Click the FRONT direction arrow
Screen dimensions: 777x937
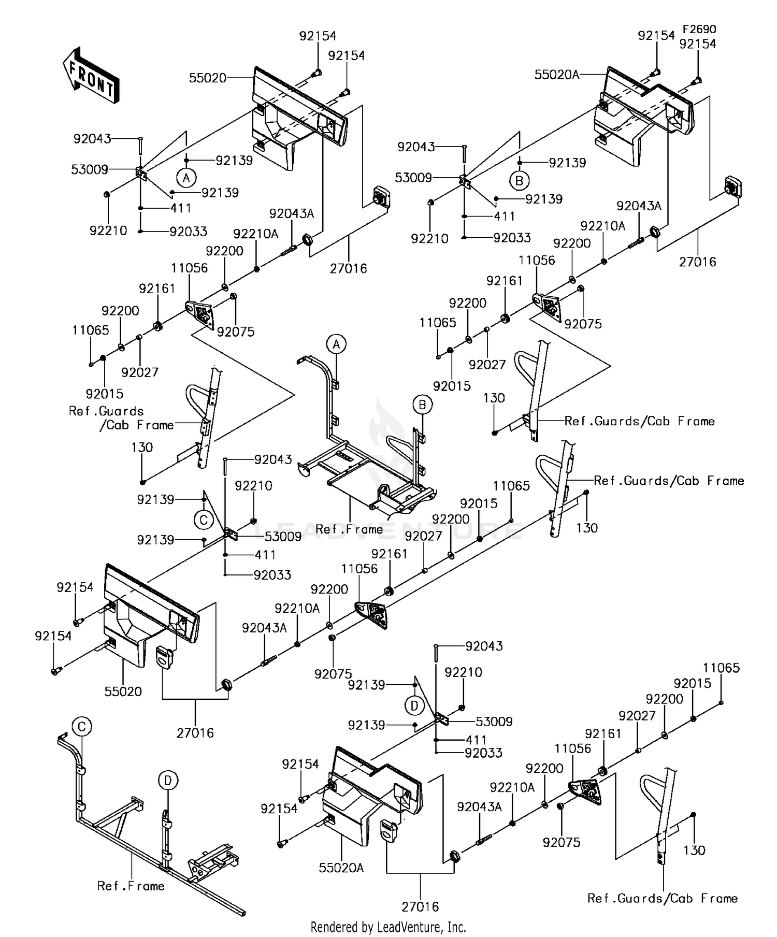(91, 76)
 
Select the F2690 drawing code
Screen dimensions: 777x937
(699, 29)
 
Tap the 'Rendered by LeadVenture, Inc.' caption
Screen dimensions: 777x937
(388, 927)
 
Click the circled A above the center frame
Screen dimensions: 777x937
(336, 344)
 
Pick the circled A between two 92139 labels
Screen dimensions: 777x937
(186, 178)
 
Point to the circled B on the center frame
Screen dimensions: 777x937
(422, 405)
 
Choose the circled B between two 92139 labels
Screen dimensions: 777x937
(519, 180)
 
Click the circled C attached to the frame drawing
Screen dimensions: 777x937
(81, 727)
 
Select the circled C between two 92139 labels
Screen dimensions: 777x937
(204, 520)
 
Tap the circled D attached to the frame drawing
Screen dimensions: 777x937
(168, 780)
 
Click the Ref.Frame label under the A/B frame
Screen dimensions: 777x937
(349, 529)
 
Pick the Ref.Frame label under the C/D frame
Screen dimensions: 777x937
(131, 886)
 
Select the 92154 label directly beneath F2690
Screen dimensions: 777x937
(698, 44)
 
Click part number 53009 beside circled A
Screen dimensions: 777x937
(90, 169)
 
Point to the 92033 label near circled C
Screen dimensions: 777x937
(272, 574)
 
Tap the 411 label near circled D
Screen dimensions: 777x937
(476, 740)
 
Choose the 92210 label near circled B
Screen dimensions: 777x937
(429, 238)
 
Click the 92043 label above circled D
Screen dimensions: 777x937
(484, 646)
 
